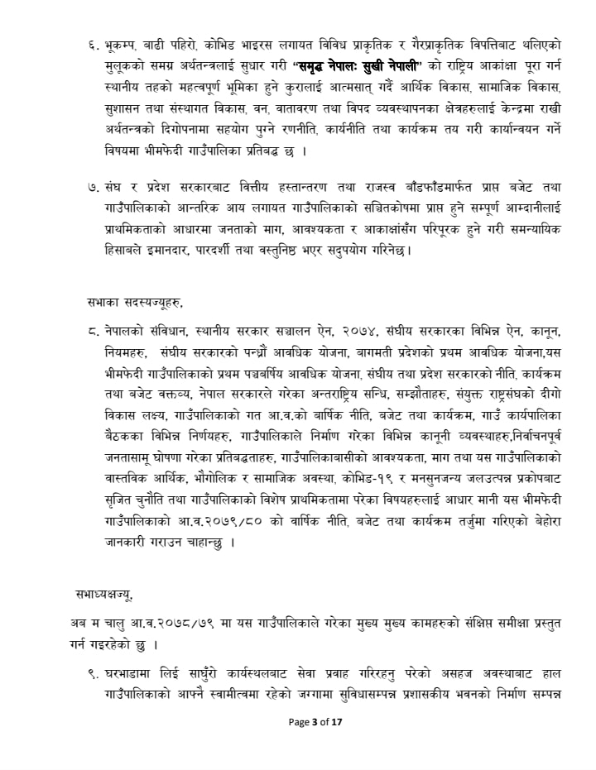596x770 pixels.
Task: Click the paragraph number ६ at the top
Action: (x=92, y=41)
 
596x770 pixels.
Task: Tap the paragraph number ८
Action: (x=92, y=331)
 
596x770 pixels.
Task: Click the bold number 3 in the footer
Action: (x=315, y=722)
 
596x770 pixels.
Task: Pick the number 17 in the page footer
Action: (x=336, y=722)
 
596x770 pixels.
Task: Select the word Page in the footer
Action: (x=298, y=722)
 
